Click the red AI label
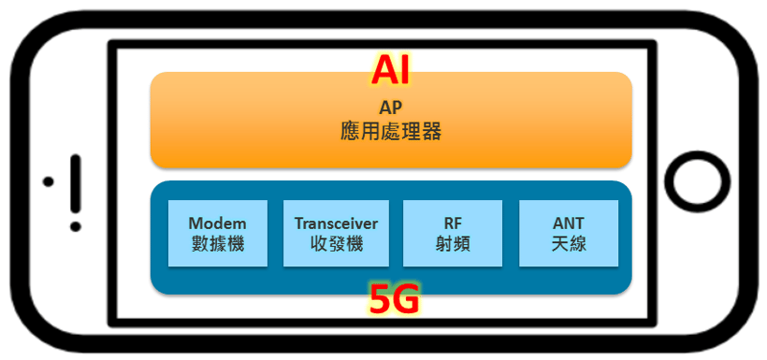coord(390,70)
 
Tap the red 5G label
coord(394,300)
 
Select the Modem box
coord(217,234)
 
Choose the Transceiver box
coord(336,234)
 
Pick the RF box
coord(453,234)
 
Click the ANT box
coord(568,234)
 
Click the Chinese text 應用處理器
coord(390,131)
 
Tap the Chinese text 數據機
coord(217,246)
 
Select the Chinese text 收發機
coord(336,246)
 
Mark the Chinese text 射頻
coord(453,246)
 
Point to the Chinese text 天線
coord(568,246)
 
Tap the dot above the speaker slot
coord(49,180)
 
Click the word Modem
coord(217,223)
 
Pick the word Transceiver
coord(336,223)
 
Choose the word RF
coord(453,223)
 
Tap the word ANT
coord(568,223)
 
